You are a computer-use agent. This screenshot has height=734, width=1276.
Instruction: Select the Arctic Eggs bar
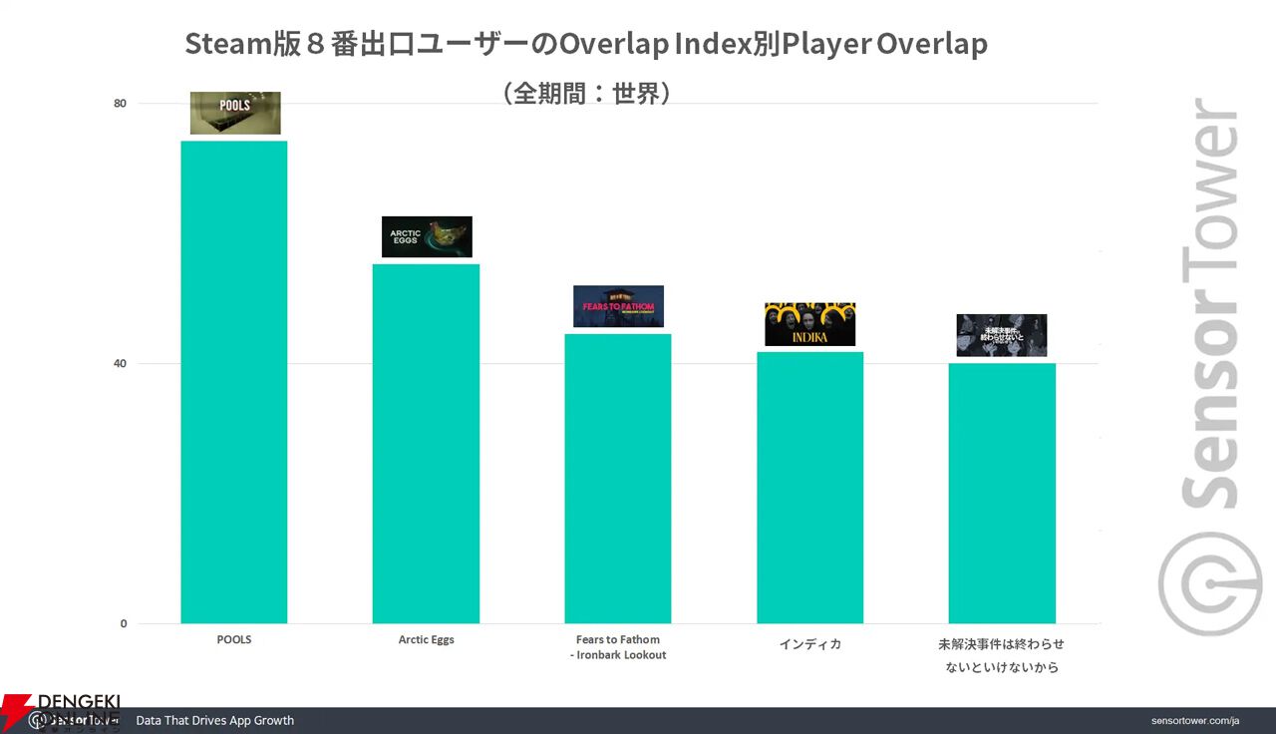pyautogui.click(x=426, y=444)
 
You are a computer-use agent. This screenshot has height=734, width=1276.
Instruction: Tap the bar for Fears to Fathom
pyautogui.click(x=618, y=479)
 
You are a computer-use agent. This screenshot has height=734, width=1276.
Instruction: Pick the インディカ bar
pyautogui.click(x=809, y=488)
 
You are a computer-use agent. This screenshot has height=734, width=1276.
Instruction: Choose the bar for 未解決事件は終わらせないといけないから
pyautogui.click(x=1002, y=494)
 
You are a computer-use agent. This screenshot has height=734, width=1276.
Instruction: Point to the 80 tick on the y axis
pyautogui.click(x=120, y=103)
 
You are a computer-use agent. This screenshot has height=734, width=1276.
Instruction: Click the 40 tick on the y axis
pyautogui.click(x=120, y=363)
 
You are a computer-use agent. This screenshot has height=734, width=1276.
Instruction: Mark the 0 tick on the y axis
pyautogui.click(x=123, y=624)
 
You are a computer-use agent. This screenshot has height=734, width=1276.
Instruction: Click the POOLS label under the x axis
pyautogui.click(x=234, y=640)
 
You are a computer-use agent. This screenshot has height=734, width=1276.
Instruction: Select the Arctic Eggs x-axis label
pyautogui.click(x=426, y=640)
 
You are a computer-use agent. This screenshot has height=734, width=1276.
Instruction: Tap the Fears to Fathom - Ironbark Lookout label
pyautogui.click(x=618, y=647)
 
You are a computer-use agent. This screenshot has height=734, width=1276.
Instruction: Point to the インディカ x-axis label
pyautogui.click(x=809, y=644)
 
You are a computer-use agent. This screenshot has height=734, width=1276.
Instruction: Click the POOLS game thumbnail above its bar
pyautogui.click(x=235, y=113)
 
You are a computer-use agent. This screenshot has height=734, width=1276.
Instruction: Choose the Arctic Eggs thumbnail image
pyautogui.click(x=427, y=236)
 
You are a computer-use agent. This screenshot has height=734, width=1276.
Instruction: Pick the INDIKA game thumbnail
pyautogui.click(x=809, y=324)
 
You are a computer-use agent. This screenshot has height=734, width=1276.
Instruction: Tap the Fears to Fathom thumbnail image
pyautogui.click(x=618, y=306)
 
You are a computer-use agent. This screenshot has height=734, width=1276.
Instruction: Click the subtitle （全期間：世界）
pyautogui.click(x=586, y=93)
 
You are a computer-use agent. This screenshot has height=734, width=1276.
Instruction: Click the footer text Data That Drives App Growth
pyautogui.click(x=214, y=720)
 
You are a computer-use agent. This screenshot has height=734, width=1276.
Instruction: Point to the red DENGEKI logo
pyautogui.click(x=60, y=710)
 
